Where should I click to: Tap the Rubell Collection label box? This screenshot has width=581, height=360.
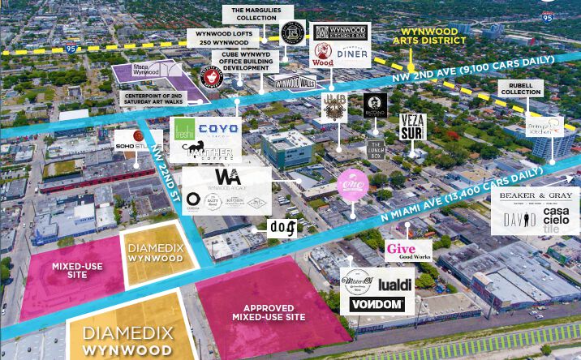[520, 87]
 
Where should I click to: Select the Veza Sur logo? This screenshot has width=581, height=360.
[412, 127]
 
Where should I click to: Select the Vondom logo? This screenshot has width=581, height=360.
[377, 304]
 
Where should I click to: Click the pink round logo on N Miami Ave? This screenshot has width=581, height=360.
[354, 182]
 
